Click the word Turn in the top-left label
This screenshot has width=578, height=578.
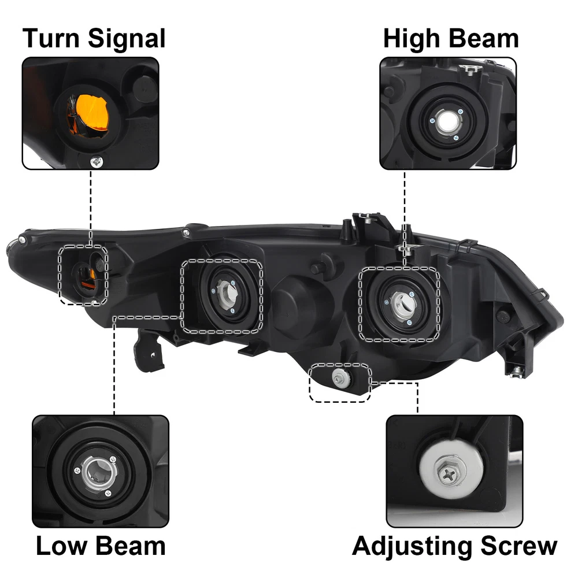click(x=51, y=38)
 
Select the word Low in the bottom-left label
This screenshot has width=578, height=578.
click(x=61, y=546)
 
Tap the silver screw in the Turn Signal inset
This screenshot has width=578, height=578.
click(x=97, y=161)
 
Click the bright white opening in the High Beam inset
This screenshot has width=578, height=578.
click(x=447, y=122)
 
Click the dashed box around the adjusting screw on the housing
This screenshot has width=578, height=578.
click(x=339, y=383)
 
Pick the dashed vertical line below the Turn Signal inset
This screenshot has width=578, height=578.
click(x=91, y=208)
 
